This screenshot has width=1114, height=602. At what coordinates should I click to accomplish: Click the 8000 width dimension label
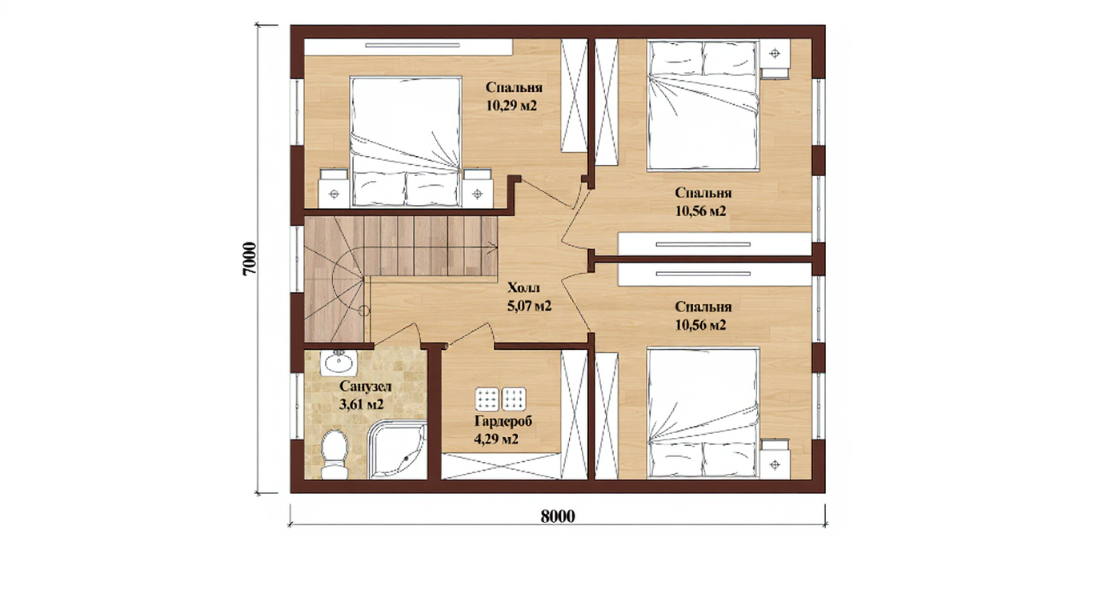[558, 516]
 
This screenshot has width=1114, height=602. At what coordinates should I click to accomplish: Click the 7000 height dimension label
[249, 259]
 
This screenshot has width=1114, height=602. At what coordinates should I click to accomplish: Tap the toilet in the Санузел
[335, 455]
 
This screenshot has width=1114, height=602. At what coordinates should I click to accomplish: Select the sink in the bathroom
[338, 363]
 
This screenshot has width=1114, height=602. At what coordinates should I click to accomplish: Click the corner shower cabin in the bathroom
[399, 450]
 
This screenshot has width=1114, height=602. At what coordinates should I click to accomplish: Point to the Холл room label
[523, 287]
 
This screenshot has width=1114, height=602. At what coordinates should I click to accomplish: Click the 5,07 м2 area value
[529, 306]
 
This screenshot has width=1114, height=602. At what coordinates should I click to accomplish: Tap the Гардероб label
[503, 421]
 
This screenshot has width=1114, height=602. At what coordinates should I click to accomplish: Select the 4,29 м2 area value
[496, 439]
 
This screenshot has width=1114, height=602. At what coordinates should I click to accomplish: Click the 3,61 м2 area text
[362, 404]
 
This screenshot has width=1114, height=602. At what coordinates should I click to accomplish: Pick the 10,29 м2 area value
[511, 106]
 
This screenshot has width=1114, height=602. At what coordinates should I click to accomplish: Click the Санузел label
[366, 387]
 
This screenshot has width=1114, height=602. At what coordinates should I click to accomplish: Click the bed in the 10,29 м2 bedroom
[406, 142]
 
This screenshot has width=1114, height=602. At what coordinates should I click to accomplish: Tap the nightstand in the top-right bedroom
[775, 58]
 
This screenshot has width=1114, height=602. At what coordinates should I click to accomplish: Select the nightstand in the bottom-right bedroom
[775, 459]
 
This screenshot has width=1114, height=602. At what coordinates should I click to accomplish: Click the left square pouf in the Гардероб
[487, 399]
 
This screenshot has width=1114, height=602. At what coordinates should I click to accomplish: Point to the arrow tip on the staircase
[496, 245]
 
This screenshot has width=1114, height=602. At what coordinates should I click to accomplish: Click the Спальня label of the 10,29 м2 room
[514, 87]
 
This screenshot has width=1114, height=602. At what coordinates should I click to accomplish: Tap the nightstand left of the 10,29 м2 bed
[334, 188]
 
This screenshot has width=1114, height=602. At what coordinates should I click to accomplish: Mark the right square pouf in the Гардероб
[514, 399]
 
